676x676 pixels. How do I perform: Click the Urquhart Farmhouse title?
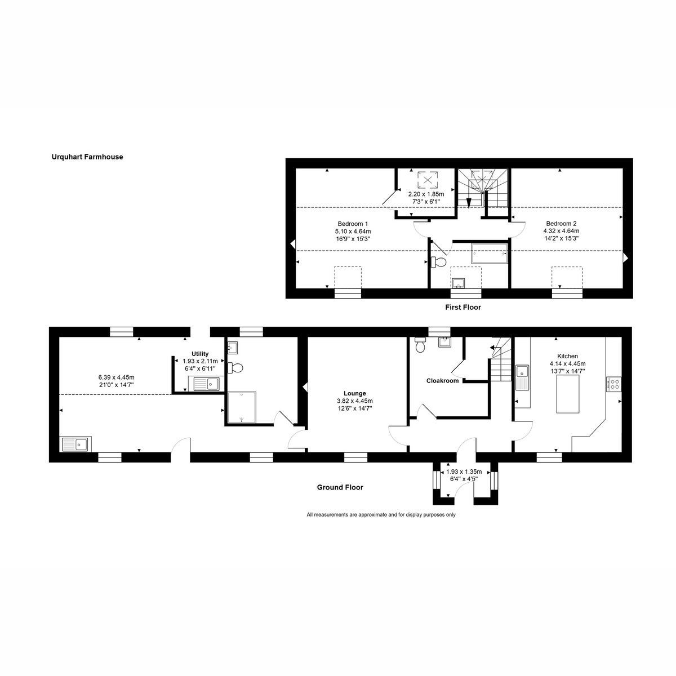coord(87,157)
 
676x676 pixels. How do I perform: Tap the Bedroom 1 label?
coord(353,223)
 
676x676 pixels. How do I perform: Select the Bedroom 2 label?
coord(561,223)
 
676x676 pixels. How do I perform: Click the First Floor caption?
coord(462,308)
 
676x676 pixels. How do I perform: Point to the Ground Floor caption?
coord(340,487)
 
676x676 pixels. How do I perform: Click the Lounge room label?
coord(355,393)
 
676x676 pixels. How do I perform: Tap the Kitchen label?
coord(567,356)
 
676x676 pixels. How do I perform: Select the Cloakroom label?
coord(442,381)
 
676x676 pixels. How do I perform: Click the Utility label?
coord(200,354)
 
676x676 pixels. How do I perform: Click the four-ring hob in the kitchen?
coord(613,384)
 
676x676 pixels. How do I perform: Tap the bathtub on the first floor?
coord(489,254)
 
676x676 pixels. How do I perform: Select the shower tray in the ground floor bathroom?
coord(241,407)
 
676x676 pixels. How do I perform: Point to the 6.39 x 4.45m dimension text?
coord(116,377)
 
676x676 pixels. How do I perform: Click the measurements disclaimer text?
coord(381,514)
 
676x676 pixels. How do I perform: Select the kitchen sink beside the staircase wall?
coord(522,376)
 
